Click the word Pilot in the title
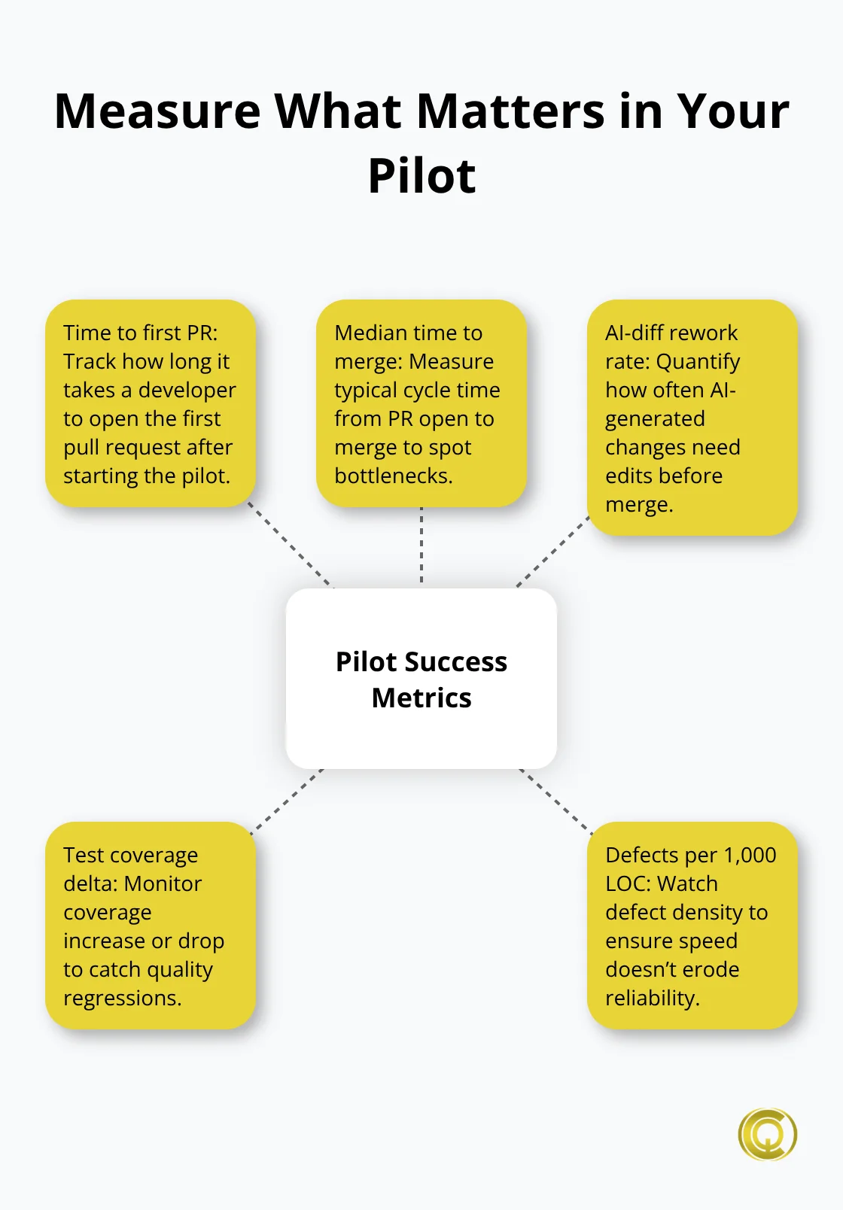click(421, 178)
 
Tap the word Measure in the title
click(157, 111)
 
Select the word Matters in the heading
click(510, 111)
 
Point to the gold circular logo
click(767, 1134)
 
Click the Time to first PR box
click(151, 403)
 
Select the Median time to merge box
click(421, 403)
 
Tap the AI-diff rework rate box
click(692, 418)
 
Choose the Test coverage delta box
click(151, 926)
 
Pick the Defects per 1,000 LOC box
click(692, 926)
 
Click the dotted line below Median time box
click(421, 547)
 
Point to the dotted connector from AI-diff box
click(553, 551)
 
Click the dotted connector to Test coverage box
click(288, 801)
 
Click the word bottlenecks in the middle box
click(393, 476)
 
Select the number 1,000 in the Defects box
click(750, 856)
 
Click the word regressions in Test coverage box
click(122, 999)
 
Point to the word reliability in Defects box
click(652, 999)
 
